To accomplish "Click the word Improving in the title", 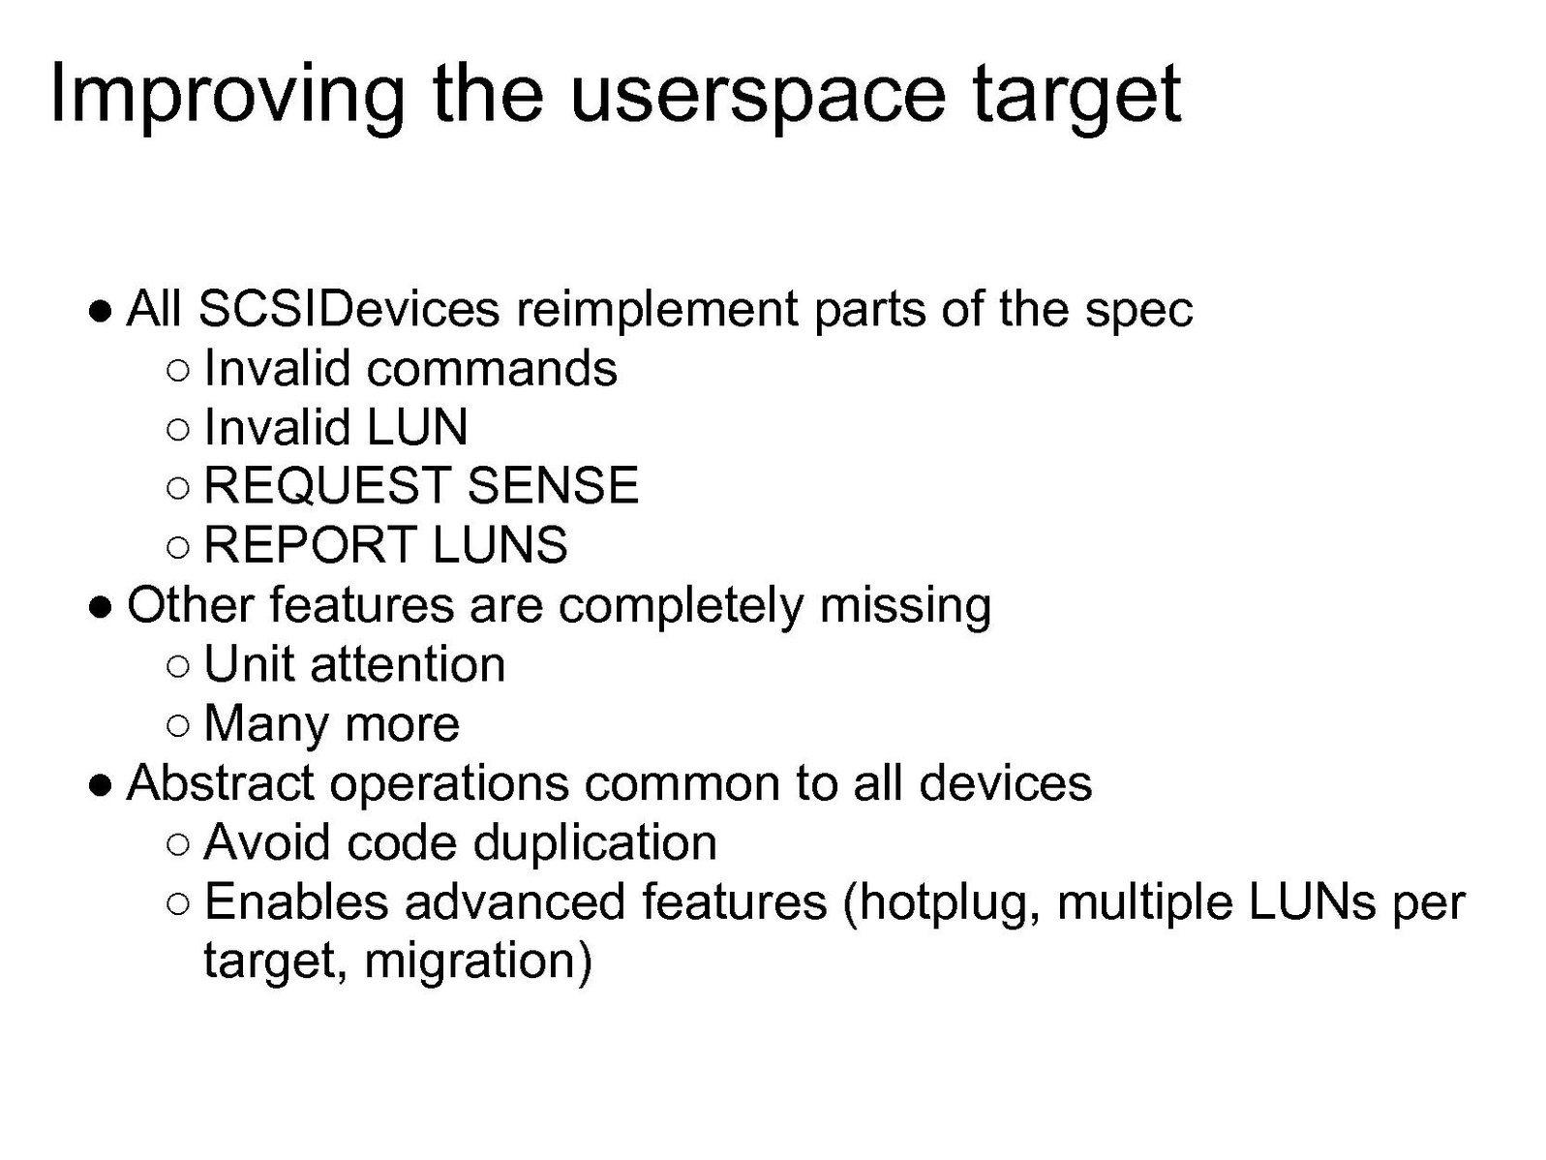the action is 227,95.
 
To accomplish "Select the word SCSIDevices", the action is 349,309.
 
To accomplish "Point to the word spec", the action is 1138,314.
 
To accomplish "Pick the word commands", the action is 492,368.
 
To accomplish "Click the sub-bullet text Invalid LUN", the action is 335,427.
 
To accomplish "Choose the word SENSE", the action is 552,485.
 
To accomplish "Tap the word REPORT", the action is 309,544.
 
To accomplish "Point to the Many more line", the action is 332,725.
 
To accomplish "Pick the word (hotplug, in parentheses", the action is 941,904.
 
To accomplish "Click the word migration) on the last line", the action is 478,962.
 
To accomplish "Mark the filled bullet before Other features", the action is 101,606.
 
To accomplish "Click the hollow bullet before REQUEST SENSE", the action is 179,487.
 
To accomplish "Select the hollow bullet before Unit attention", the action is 179,665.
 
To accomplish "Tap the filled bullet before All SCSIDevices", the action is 101,311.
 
